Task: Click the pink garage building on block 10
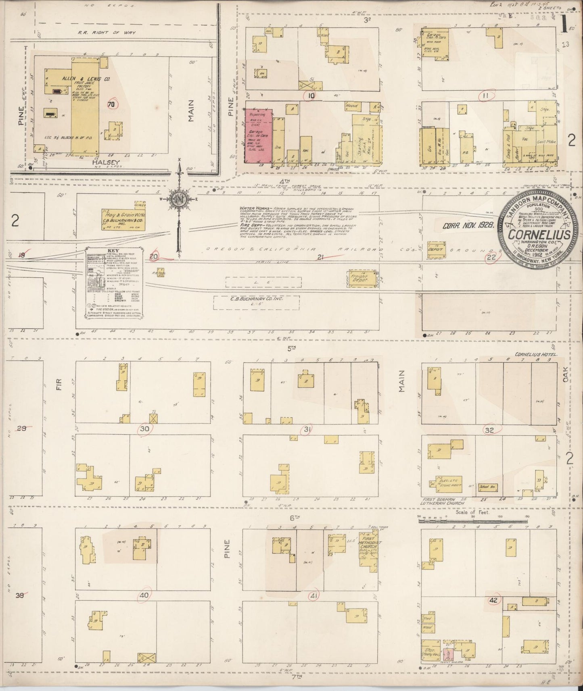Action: [x=259, y=135]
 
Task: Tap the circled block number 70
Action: [x=111, y=104]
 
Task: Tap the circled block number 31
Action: [x=307, y=431]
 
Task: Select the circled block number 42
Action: [x=493, y=599]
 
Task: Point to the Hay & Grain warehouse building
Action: [x=123, y=220]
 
